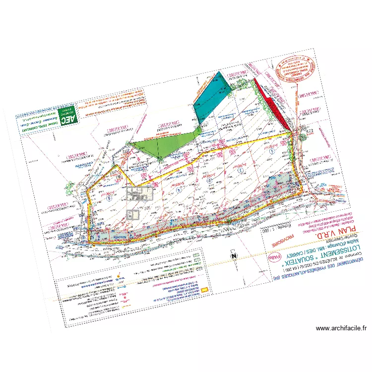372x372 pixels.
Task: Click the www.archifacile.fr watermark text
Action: pyautogui.click(x=341, y=328)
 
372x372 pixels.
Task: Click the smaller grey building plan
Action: pyautogui.click(x=133, y=214)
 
